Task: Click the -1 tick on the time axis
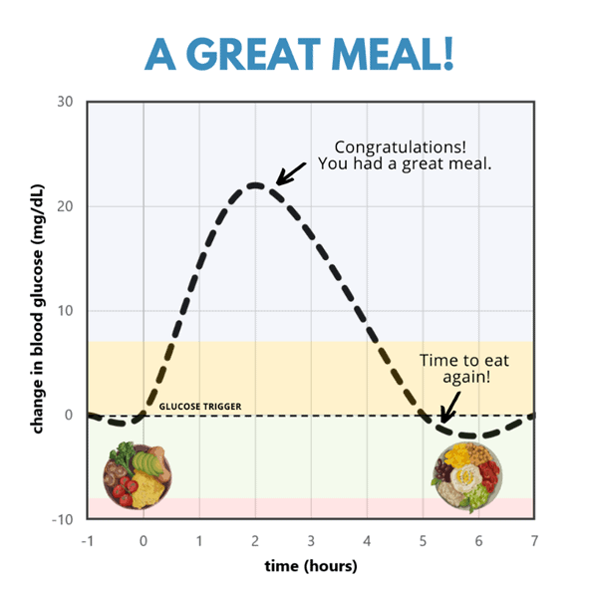tap(87, 539)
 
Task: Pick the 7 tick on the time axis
tap(534, 539)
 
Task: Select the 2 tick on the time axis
tap(255, 539)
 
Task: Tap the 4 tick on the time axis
tap(367, 539)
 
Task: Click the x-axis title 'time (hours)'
tap(310, 565)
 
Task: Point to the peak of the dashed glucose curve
tap(255, 185)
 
